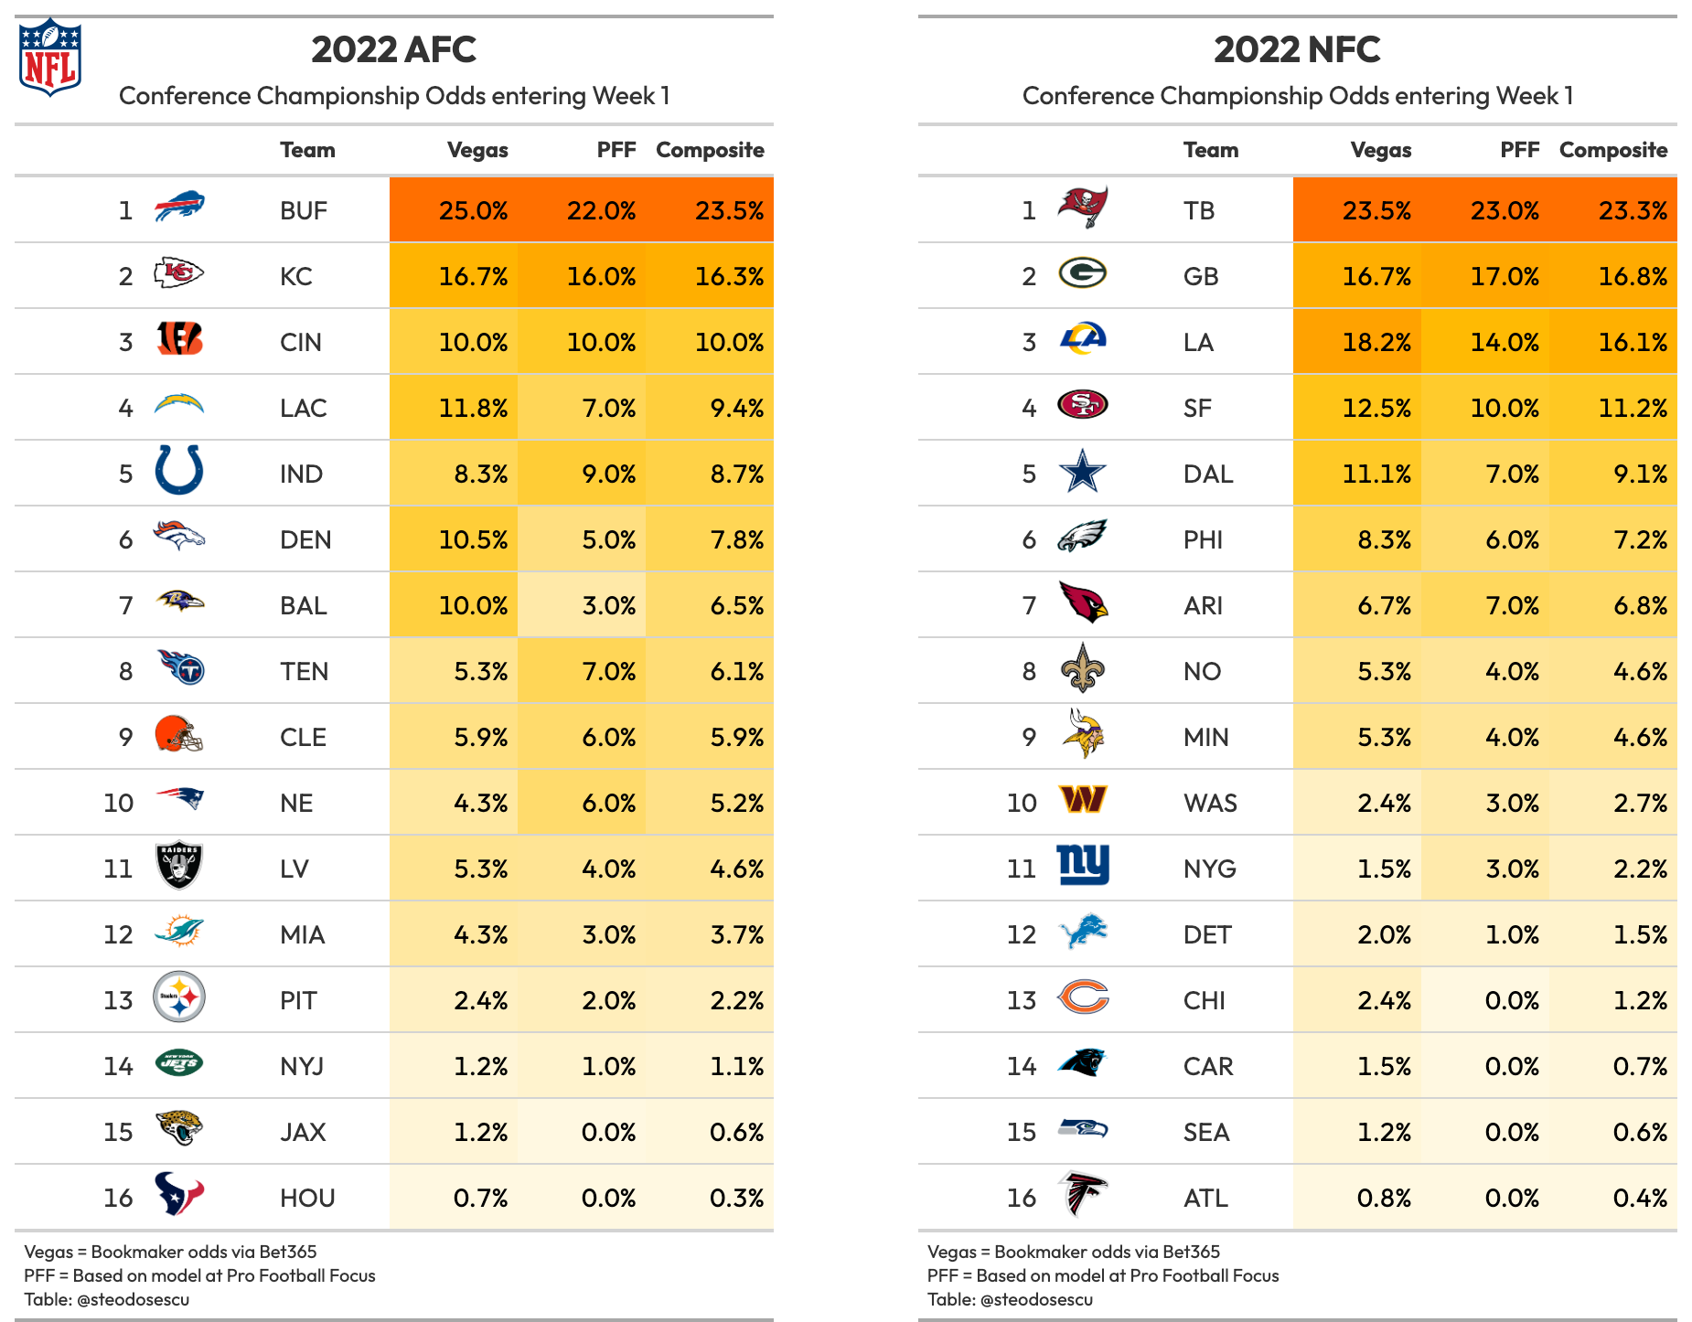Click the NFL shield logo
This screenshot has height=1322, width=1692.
pyautogui.click(x=50, y=57)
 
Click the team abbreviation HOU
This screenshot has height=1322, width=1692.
pyautogui.click(x=307, y=1198)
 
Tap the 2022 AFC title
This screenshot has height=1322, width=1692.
pyautogui.click(x=393, y=49)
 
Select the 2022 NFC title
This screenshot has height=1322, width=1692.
pyautogui.click(x=1297, y=49)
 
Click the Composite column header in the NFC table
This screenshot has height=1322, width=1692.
pyautogui.click(x=1613, y=150)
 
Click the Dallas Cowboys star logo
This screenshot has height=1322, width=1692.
pyautogui.click(x=1083, y=472)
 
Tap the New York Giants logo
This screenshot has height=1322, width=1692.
pyautogui.click(x=1083, y=865)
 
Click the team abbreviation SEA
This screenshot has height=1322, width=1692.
pyautogui.click(x=1206, y=1132)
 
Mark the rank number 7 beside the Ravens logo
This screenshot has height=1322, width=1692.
pyautogui.click(x=126, y=605)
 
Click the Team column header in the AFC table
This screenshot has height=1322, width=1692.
pyautogui.click(x=307, y=150)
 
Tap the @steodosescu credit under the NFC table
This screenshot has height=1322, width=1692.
pyautogui.click(x=1036, y=1299)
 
